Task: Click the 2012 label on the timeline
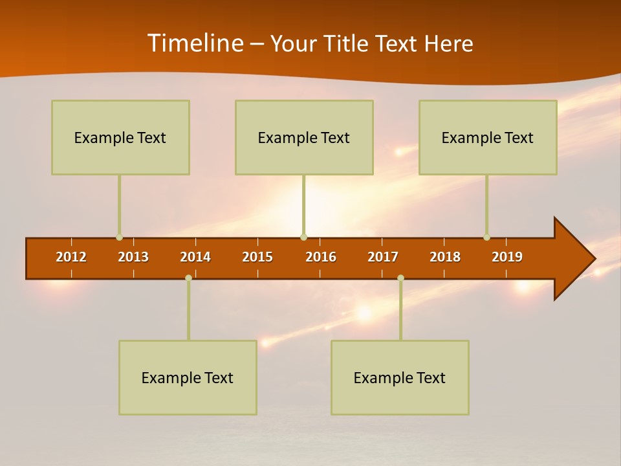[x=71, y=257]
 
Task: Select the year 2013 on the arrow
[x=133, y=257]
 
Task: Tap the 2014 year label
[x=195, y=257]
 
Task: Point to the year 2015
[x=257, y=257]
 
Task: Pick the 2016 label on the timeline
[x=321, y=257]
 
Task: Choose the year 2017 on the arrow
[x=383, y=257]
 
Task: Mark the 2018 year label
[x=445, y=257]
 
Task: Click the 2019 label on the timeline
[x=507, y=257]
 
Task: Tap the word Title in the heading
[x=347, y=44]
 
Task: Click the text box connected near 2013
[x=120, y=137]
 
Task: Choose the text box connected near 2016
[x=304, y=137]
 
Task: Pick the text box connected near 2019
[x=488, y=137]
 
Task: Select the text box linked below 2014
[x=188, y=377]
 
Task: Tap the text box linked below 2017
[x=400, y=377]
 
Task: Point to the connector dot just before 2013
[x=119, y=238]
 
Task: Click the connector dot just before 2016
[x=303, y=238]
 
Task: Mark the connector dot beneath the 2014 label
[x=188, y=278]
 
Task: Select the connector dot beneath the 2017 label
[x=400, y=278]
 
